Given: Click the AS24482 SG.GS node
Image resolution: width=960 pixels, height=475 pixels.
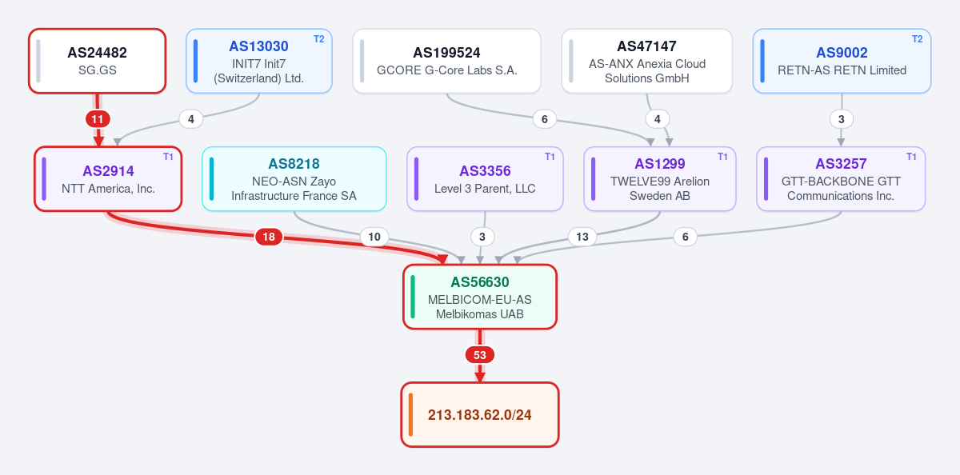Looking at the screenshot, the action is tap(98, 61).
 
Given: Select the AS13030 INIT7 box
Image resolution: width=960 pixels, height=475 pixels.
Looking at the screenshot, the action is tap(259, 61).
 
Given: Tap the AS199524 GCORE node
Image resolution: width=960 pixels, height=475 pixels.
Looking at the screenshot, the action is tap(446, 61).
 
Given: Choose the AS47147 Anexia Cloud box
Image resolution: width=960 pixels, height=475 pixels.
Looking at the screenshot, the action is tap(646, 61).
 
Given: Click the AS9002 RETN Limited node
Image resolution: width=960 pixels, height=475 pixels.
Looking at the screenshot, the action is tap(842, 61).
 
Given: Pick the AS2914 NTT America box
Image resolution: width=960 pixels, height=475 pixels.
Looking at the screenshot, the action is tap(108, 179).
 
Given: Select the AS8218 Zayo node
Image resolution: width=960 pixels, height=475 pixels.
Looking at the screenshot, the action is tap(294, 179).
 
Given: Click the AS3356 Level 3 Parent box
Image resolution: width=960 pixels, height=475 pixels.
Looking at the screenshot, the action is tap(485, 179).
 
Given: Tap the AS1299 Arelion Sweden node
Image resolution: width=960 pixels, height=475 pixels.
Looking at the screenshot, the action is tap(659, 179).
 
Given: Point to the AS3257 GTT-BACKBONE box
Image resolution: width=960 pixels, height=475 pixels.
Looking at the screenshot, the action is tap(841, 179).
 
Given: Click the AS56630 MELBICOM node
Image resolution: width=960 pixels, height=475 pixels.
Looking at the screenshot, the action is tap(480, 297).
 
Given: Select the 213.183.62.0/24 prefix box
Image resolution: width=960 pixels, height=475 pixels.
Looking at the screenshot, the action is tap(480, 414).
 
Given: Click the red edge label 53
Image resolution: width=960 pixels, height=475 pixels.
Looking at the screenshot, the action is tap(480, 355).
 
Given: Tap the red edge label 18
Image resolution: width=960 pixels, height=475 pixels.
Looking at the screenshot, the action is tap(269, 237).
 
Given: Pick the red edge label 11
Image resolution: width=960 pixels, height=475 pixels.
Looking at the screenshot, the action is tap(98, 119).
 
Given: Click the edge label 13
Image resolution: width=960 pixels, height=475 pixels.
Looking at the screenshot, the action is tap(582, 237).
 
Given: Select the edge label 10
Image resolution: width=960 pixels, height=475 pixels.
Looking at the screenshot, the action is tap(374, 237).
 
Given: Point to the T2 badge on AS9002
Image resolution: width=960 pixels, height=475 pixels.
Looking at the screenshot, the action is tap(917, 39).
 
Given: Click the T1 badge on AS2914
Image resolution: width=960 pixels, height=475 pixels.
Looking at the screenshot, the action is tap(168, 157).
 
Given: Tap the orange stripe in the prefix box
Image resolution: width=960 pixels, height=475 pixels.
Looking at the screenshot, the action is tap(410, 414).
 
